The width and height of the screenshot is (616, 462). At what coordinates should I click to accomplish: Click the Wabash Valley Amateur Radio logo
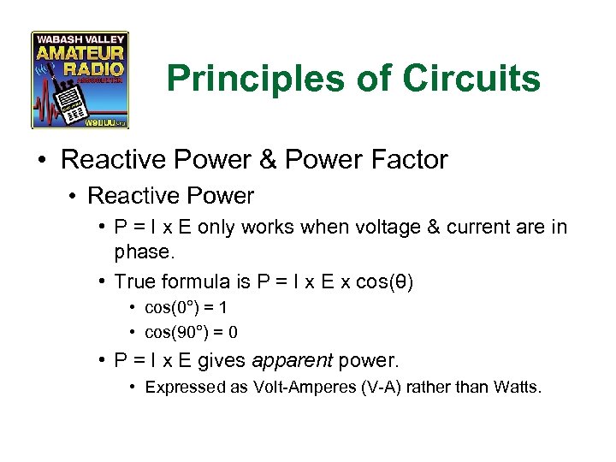(x=80, y=80)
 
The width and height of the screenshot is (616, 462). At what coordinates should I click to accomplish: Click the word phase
(x=143, y=252)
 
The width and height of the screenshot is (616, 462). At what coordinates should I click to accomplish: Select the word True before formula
(x=135, y=281)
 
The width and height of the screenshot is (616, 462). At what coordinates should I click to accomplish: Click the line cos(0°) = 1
(x=186, y=307)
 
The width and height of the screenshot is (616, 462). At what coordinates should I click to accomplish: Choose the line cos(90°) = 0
(x=191, y=332)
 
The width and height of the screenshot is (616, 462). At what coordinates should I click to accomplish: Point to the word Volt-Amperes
(x=305, y=387)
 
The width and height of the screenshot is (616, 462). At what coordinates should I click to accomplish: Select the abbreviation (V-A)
(x=378, y=387)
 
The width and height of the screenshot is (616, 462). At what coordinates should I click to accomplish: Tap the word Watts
(x=518, y=387)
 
